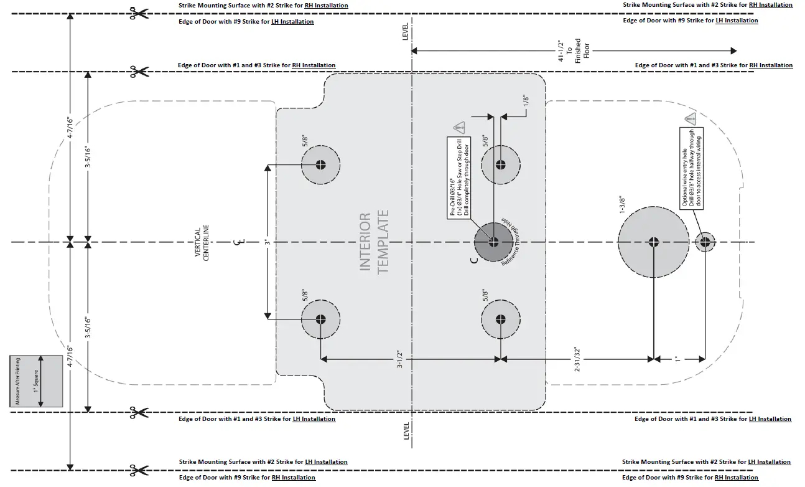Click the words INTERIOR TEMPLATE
tap(374, 242)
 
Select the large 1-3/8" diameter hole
tap(653, 242)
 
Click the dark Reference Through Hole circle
tap(493, 242)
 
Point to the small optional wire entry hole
tap(705, 242)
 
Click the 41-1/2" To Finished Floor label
tap(570, 50)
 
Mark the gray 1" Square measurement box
tap(36, 381)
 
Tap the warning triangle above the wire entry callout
tap(690, 118)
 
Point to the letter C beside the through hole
tap(474, 260)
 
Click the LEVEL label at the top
tap(406, 32)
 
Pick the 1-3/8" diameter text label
tap(622, 205)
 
